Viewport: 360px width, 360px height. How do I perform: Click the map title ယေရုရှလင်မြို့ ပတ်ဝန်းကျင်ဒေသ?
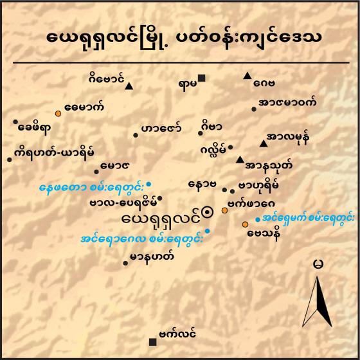click(179, 38)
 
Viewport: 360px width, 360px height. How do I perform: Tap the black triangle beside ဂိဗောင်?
click(129, 86)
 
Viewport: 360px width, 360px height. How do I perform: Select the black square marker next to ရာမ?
click(202, 78)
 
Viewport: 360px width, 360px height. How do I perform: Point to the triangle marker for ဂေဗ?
click(247, 76)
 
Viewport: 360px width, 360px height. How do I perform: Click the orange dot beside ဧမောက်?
click(58, 113)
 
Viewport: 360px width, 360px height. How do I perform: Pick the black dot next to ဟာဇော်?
click(136, 134)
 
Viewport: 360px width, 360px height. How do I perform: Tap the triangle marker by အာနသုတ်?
click(240, 159)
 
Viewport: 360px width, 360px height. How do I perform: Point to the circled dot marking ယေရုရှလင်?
click(207, 211)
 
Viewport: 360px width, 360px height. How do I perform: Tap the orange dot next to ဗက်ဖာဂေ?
click(224, 210)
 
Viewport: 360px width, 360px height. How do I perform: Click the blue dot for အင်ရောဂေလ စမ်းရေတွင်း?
click(207, 230)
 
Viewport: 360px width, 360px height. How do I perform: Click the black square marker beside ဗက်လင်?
click(152, 341)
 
